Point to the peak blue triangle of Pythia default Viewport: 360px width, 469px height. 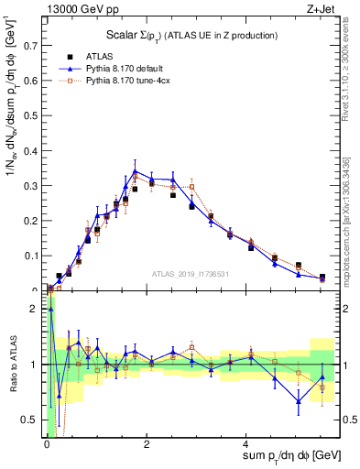tap(135, 171)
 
